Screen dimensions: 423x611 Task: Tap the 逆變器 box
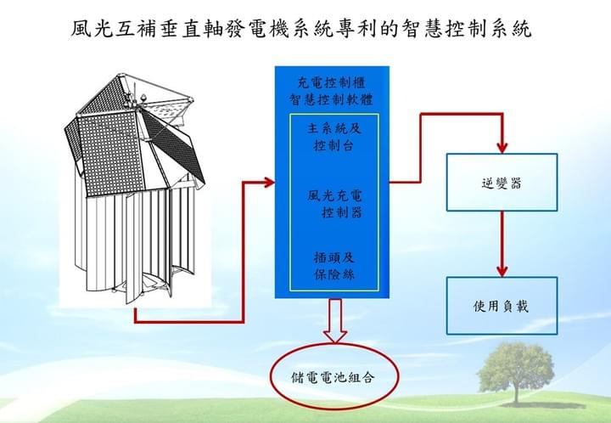[502, 182]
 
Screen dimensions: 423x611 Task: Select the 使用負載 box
[502, 305]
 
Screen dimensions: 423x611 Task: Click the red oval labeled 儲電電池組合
[332, 375]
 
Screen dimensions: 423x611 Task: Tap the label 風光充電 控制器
[334, 203]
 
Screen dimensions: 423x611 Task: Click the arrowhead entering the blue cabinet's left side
[269, 182]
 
